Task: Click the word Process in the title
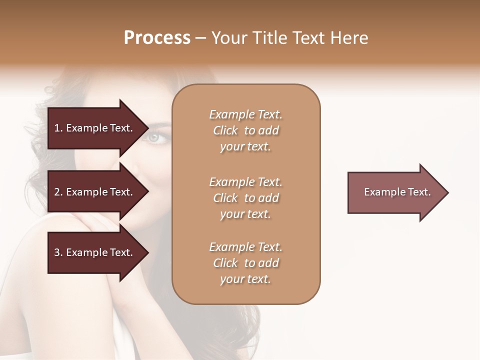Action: click(157, 38)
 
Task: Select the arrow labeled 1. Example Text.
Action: click(95, 128)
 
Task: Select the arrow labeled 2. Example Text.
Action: click(95, 192)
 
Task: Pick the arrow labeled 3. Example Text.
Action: click(95, 252)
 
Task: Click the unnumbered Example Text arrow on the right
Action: click(395, 192)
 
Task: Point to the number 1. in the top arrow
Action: click(58, 128)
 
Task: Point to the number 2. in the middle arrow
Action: click(58, 192)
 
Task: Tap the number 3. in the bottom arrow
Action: click(58, 252)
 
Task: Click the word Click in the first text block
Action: click(225, 131)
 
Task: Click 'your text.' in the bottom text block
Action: click(245, 279)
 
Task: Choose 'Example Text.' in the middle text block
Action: click(245, 182)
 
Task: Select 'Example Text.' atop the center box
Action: click(245, 114)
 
